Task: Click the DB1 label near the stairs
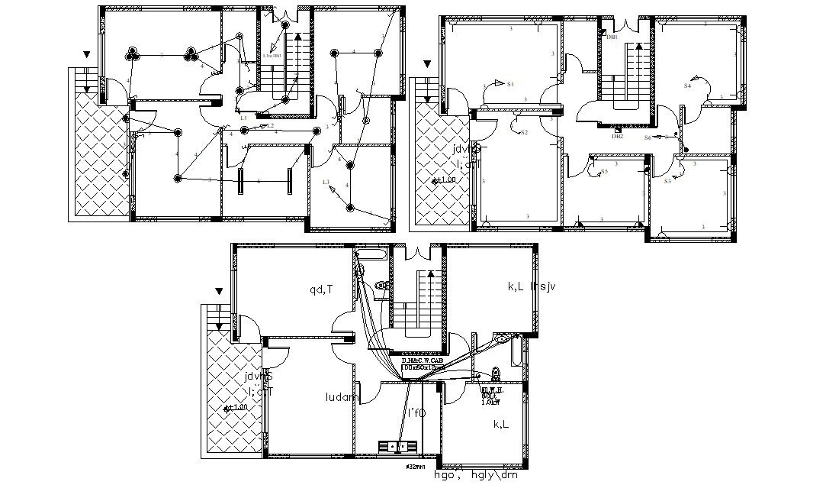click(613, 36)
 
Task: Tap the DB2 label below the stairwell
click(617, 136)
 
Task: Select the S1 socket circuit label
click(511, 83)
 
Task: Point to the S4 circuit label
click(687, 86)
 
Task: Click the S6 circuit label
click(648, 137)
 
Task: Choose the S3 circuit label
click(667, 181)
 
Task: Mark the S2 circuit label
click(524, 132)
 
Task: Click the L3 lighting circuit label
click(326, 182)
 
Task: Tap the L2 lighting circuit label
click(270, 125)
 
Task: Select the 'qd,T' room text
click(320, 289)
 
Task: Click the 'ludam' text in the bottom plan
click(341, 397)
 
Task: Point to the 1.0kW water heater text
click(490, 402)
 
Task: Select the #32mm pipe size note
click(416, 465)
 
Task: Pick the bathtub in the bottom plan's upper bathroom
click(372, 253)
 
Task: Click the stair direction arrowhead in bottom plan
click(430, 272)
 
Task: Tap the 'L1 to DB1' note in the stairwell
click(272, 55)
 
